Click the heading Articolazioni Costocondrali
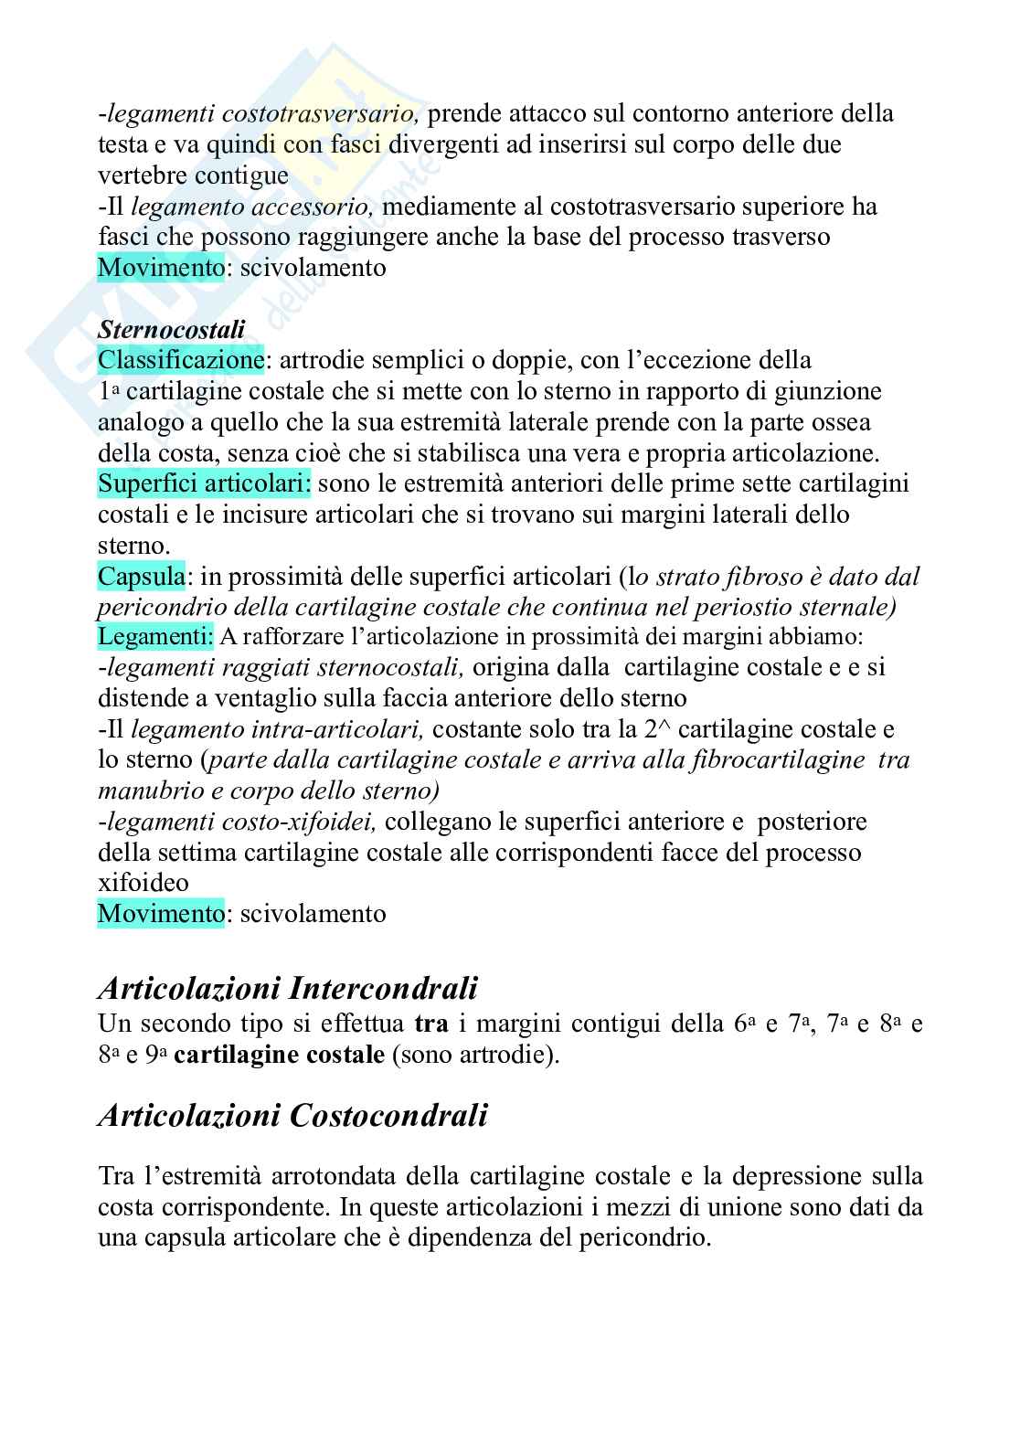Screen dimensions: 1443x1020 (x=292, y=1115)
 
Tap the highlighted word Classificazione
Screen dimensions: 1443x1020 (x=181, y=359)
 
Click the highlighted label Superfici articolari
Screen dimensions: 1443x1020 (x=204, y=483)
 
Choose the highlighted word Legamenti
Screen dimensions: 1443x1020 (x=155, y=635)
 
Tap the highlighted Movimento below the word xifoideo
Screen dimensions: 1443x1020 (x=160, y=913)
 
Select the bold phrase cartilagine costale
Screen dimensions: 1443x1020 (x=279, y=1055)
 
